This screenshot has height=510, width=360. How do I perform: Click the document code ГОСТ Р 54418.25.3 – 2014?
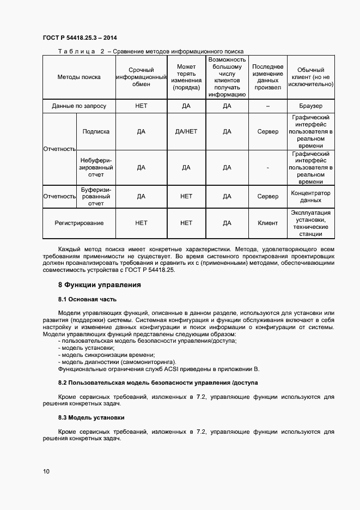[x=80, y=38]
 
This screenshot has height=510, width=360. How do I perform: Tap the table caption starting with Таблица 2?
[x=150, y=51]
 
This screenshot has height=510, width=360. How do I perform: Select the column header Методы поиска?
[x=79, y=77]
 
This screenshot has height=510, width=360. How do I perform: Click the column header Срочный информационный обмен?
[x=141, y=77]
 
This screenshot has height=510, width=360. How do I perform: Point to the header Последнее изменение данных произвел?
[x=267, y=77]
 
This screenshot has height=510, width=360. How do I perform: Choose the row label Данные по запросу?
[x=79, y=106]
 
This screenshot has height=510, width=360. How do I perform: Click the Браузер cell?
[x=311, y=106]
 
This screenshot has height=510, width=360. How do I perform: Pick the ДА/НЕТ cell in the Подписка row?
[x=186, y=131]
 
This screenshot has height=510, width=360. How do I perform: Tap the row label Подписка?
[x=96, y=131]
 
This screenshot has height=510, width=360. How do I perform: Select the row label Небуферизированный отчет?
[x=96, y=167]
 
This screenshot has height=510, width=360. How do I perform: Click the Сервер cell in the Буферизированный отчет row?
[x=267, y=196]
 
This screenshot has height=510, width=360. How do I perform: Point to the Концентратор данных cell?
[x=311, y=196]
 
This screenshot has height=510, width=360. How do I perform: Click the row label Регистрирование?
[x=79, y=223]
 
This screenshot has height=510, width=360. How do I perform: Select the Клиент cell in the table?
[x=267, y=223]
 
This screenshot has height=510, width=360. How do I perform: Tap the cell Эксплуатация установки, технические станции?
[x=311, y=223]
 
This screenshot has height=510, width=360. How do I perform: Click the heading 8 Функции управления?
[x=100, y=284]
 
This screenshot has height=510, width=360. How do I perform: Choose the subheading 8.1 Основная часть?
[x=87, y=299]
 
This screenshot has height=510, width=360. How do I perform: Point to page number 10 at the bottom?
[x=46, y=471]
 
